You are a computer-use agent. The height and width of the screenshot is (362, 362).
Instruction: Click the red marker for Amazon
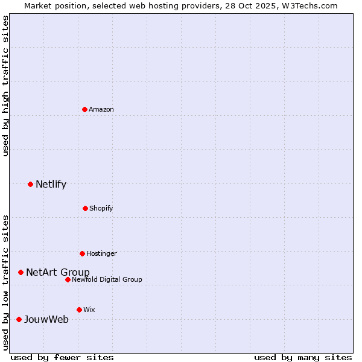(x=84, y=109)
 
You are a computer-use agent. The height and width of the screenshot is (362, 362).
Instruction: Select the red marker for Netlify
(x=30, y=184)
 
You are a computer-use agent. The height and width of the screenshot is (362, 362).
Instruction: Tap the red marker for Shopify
(x=85, y=208)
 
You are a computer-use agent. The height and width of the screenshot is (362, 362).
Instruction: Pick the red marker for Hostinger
(x=82, y=253)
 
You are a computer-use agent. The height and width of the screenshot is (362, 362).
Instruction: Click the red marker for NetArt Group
(x=21, y=272)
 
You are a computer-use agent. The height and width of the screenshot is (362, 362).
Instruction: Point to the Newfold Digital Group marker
(x=68, y=279)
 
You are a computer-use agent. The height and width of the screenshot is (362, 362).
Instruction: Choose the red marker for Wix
(x=79, y=310)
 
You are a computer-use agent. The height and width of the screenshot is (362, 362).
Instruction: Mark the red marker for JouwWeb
(x=19, y=319)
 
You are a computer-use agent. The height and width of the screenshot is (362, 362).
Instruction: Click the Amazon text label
(x=101, y=109)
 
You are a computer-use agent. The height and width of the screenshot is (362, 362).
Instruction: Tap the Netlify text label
(x=51, y=185)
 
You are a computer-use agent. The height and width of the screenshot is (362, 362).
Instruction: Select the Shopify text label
(x=101, y=208)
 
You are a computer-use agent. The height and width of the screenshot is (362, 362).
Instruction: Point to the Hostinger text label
(x=101, y=253)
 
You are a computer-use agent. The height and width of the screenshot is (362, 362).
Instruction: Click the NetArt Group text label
(x=57, y=272)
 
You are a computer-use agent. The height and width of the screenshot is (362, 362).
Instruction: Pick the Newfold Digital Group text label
(x=107, y=279)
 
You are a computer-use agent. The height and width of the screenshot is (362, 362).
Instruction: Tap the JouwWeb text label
(x=46, y=319)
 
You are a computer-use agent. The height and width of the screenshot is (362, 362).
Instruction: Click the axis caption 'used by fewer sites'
(x=62, y=357)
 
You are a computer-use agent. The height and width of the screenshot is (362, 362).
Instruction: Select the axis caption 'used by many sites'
(x=303, y=357)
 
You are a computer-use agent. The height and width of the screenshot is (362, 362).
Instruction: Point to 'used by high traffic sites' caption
(x=6, y=86)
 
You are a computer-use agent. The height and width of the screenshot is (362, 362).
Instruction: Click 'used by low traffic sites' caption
(x=6, y=282)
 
